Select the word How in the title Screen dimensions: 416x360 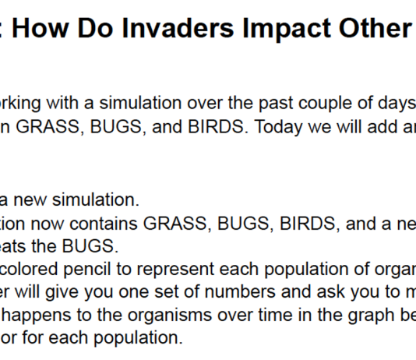coord(41,28)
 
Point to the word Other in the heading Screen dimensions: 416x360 coord(375,28)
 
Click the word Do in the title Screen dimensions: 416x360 coord(96,28)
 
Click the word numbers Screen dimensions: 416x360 coord(240,292)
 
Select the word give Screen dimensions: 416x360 coord(62,293)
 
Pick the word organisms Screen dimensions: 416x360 coord(170,316)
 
